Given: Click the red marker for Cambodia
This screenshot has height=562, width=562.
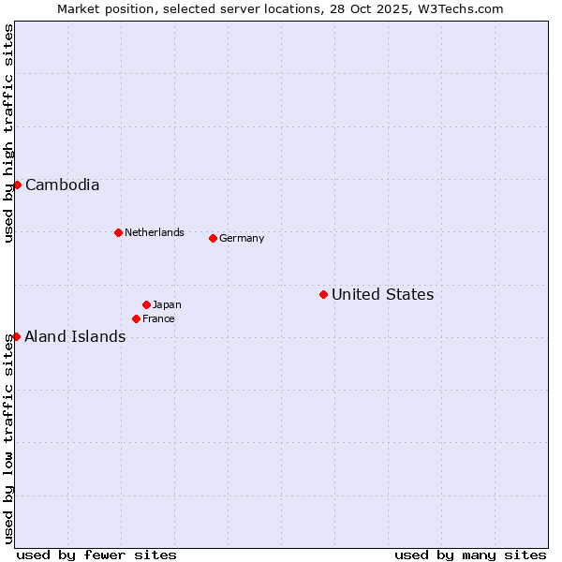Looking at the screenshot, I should tap(17, 185).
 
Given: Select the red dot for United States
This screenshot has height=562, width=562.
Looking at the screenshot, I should tap(323, 294).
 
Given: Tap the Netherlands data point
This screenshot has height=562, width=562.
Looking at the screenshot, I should tap(118, 232).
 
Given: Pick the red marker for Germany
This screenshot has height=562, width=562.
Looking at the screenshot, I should tap(213, 238).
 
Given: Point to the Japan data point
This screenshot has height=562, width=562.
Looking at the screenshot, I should tap(146, 304).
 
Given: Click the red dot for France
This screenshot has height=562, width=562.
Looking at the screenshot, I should tap(136, 318).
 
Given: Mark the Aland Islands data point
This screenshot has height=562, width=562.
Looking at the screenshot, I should tap(16, 336).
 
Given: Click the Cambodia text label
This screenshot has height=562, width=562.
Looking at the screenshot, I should tap(62, 185).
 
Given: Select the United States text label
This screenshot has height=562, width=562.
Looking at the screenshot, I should tap(382, 294).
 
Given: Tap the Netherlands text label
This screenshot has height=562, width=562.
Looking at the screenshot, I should tap(154, 232).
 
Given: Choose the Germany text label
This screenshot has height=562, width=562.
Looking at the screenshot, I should tap(242, 238).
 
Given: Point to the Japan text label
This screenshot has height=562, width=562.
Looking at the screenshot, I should tap(167, 304).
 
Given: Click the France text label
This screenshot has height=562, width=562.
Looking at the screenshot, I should tap(158, 318).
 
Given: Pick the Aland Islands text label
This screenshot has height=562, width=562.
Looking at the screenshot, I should tap(75, 336).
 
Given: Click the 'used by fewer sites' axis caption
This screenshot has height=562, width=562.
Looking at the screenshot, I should tap(96, 555).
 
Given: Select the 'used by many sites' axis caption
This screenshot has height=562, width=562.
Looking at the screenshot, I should tap(470, 555).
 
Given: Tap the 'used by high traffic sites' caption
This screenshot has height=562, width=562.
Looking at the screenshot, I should tap(9, 133).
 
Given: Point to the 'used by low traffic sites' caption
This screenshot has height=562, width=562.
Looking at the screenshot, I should tap(9, 437).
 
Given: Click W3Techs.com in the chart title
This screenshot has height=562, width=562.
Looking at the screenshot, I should tap(461, 8).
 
